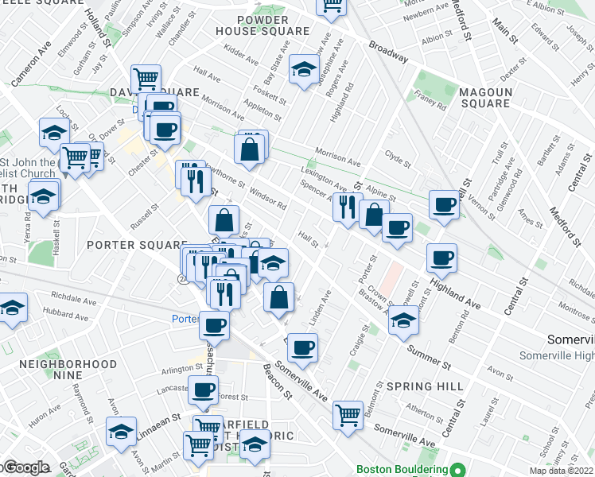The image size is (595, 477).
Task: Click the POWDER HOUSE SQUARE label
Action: coord(262,25)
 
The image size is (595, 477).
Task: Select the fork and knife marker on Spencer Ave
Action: coord(347,208)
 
